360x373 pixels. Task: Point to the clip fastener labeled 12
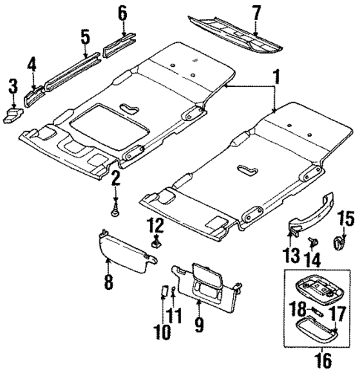pos(156,241)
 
